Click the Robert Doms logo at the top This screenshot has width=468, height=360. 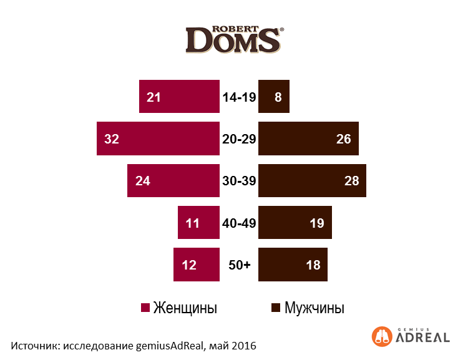(235, 39)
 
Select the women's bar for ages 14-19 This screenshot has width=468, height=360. (179, 97)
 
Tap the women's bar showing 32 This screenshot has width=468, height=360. (158, 139)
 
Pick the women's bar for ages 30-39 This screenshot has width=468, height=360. (173, 181)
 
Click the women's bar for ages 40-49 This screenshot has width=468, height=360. (198, 223)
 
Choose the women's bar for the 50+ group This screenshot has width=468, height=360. (197, 265)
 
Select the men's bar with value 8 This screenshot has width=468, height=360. (274, 97)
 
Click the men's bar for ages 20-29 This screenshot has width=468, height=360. (308, 139)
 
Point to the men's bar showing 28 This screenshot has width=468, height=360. (312, 181)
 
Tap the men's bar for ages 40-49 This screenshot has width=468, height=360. (295, 223)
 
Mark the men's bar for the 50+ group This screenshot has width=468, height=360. (293, 265)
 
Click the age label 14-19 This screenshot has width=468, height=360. (239, 97)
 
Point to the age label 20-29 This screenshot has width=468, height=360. (239, 139)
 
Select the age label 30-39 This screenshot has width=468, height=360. (239, 181)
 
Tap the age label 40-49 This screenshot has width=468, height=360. (239, 223)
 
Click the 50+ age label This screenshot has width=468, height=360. (239, 265)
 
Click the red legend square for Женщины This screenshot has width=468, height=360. (145, 308)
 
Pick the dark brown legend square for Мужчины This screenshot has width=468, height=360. (276, 308)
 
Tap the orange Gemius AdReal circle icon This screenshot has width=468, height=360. (381, 336)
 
